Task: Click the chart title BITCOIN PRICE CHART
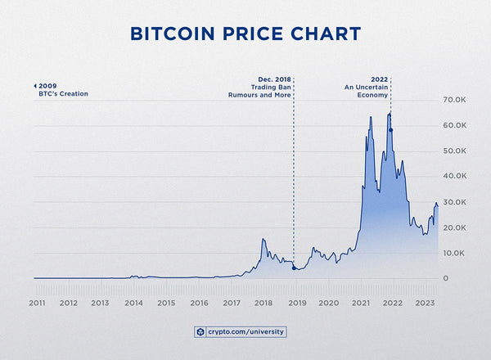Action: (x=245, y=34)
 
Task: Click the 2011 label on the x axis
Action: (x=36, y=303)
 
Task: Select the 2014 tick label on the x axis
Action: (x=133, y=303)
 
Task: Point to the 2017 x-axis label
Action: (x=231, y=303)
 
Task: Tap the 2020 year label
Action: (x=328, y=303)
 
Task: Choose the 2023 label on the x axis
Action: (x=425, y=303)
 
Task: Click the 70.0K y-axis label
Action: (x=455, y=100)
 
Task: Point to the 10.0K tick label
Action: (x=455, y=253)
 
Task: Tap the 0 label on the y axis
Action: (x=446, y=279)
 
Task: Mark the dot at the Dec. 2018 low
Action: (x=294, y=268)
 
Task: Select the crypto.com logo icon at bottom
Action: (x=200, y=332)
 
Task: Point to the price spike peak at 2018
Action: (x=263, y=239)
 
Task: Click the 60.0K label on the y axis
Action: (x=455, y=125)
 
